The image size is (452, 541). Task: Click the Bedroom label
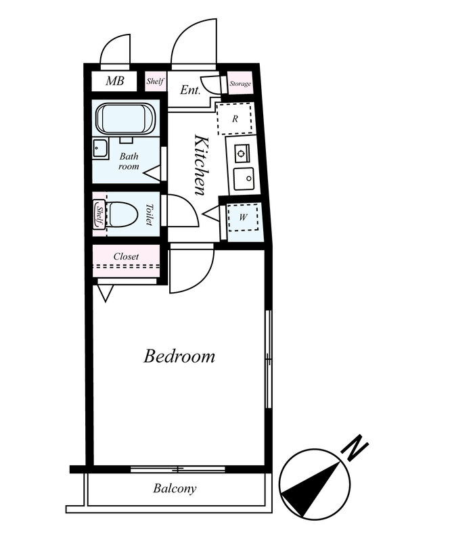coord(179,356)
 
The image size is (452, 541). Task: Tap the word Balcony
coord(175,488)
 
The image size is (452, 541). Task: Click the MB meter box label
coord(115,80)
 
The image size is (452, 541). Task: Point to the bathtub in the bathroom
coord(126,118)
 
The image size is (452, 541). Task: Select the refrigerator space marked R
coord(235,119)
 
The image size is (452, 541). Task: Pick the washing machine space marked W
coord(243,217)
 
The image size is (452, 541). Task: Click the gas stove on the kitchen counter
coord(242,154)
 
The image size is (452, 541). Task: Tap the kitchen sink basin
coord(244,179)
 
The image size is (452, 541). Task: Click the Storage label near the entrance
coord(240,83)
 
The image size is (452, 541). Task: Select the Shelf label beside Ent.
coord(155,81)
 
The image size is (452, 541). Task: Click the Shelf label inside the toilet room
coord(99,214)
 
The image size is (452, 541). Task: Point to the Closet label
coord(126,256)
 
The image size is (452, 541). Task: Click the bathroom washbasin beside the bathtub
coord(101,148)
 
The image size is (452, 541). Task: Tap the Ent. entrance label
coord(190,90)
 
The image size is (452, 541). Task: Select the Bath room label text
coord(129,161)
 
